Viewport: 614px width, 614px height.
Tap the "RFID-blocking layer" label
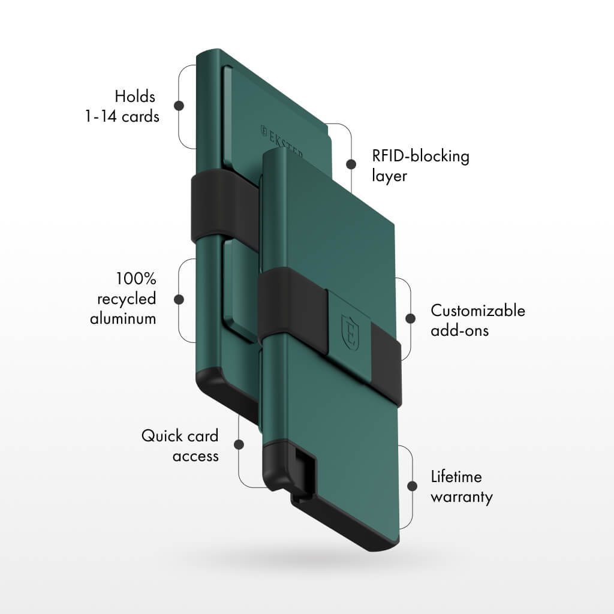point(420,166)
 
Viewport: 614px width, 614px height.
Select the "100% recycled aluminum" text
point(123,299)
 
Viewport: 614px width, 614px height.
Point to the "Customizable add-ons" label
point(477,320)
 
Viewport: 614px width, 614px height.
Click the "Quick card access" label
point(180,446)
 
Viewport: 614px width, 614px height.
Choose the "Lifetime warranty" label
point(461,487)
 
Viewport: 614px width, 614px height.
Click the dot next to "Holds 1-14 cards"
point(178,106)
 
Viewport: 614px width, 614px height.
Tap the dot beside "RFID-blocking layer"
point(351,164)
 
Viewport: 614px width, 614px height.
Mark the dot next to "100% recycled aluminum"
point(178,299)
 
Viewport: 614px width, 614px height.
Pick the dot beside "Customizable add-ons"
point(411,318)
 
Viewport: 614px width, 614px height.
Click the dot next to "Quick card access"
point(239,445)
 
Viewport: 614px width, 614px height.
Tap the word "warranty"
point(461,497)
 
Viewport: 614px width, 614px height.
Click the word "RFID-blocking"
point(420,156)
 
